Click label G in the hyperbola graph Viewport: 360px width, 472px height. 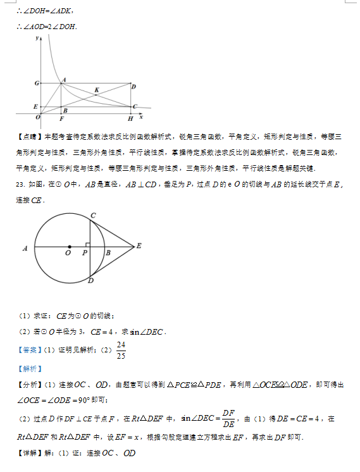(x=37, y=83)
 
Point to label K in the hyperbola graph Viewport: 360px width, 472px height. (x=96, y=90)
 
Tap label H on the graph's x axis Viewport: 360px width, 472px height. (x=130, y=118)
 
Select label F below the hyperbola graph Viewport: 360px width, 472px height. (x=61, y=118)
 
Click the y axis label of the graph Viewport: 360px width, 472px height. (x=38, y=39)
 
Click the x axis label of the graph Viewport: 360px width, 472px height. (x=141, y=117)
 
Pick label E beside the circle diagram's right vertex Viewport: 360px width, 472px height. (x=139, y=245)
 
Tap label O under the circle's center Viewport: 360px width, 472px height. (x=68, y=253)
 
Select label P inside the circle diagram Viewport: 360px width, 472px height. (x=85, y=253)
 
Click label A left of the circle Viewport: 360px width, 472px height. (x=25, y=249)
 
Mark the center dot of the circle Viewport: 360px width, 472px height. (x=69, y=245)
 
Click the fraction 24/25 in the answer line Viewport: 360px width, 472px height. (x=121, y=349)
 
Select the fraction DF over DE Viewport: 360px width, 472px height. (x=228, y=419)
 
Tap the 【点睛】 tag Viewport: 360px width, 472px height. (x=28, y=136)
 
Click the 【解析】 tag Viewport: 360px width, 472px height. (x=28, y=368)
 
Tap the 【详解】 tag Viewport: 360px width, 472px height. (x=28, y=453)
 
